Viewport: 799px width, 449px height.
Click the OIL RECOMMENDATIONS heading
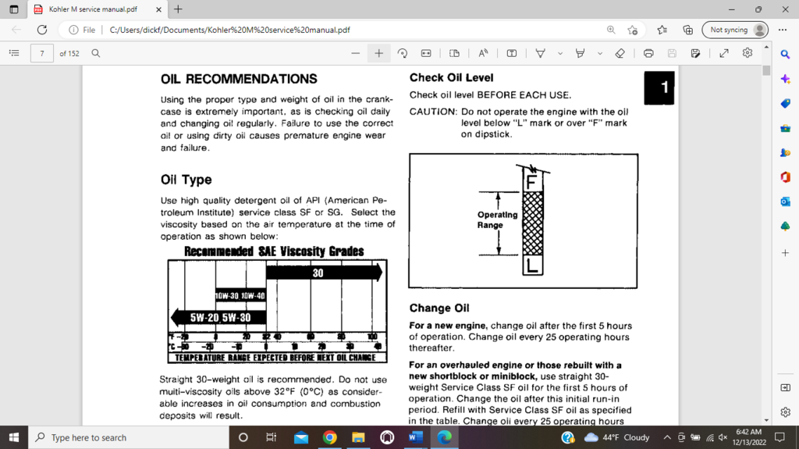coord(239,79)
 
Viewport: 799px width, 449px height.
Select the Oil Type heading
coord(186,180)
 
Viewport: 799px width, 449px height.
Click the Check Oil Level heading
coord(451,77)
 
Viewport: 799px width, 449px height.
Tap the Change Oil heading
coord(439,308)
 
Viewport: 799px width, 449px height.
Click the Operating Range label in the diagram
coord(497,219)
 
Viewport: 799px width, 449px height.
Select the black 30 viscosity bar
coord(323,273)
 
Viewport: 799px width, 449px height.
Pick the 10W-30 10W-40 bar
coord(240,295)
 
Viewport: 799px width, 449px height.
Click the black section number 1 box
coord(659,87)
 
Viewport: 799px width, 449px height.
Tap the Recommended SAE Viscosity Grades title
coord(273,251)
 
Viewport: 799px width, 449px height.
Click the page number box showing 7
coord(41,54)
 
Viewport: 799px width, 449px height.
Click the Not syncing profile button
coord(734,30)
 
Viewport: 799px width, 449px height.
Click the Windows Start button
coord(13,437)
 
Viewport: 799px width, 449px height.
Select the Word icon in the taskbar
coord(413,437)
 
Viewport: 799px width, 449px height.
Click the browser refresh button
coord(42,30)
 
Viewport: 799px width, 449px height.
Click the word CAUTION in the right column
coord(433,112)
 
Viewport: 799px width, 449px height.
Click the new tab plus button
coord(179,9)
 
